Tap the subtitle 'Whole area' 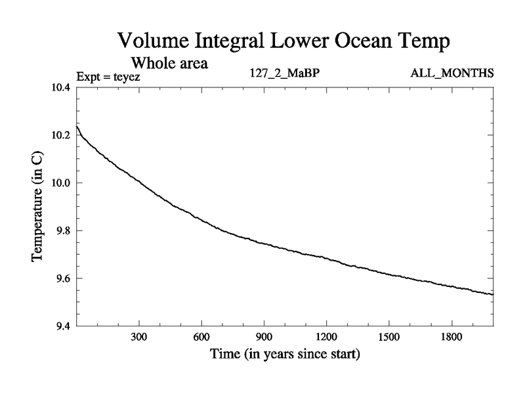coord(170,64)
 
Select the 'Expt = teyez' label coord(108,76)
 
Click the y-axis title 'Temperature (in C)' coord(37,206)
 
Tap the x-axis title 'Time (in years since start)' coord(285,355)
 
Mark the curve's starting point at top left coord(77,126)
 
